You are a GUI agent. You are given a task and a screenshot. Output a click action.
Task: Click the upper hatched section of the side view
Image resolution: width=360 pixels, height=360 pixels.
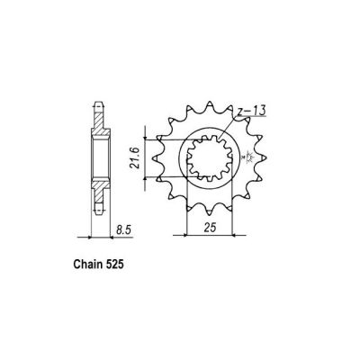coord(99,125)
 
